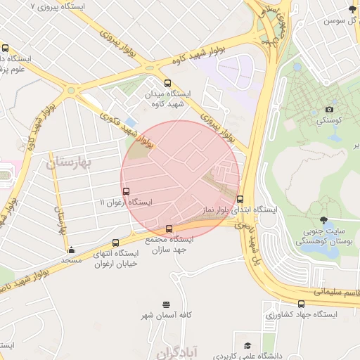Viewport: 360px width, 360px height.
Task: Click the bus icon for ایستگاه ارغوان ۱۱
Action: [126, 191]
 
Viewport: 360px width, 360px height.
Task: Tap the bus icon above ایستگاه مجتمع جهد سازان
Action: [169, 229]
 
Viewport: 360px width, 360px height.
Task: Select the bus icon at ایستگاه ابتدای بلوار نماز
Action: [240, 199]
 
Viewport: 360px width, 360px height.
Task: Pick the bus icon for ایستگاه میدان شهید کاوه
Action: [167, 82]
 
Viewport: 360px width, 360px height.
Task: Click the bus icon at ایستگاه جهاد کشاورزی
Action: [302, 304]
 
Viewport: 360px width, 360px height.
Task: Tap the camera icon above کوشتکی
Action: [329, 110]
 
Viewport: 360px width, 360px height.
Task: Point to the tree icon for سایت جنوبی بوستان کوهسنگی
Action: [323, 220]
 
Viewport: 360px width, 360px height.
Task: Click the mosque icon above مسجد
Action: [71, 250]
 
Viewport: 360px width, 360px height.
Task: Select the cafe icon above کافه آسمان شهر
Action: [166, 304]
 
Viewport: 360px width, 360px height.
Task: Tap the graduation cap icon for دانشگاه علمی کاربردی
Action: [247, 345]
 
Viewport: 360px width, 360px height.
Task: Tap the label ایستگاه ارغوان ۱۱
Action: [126, 202]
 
